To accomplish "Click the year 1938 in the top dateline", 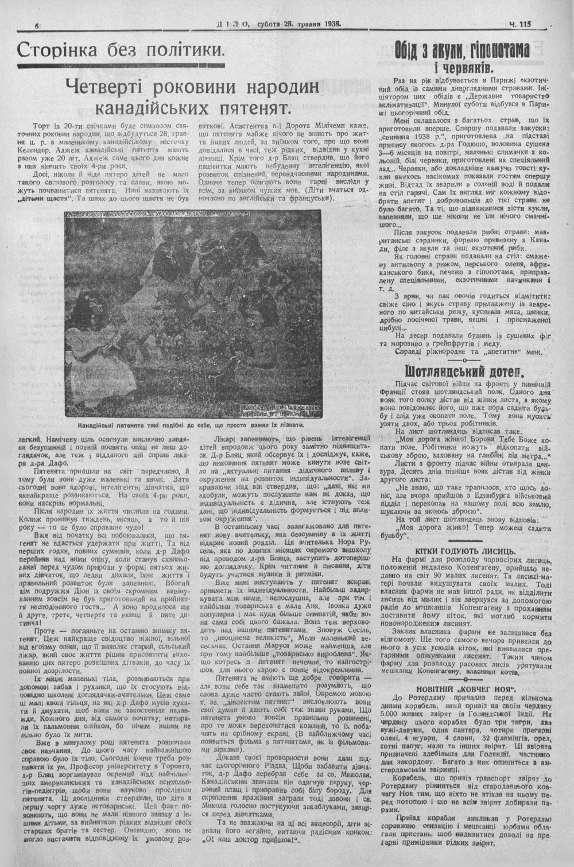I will pos(330,25).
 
